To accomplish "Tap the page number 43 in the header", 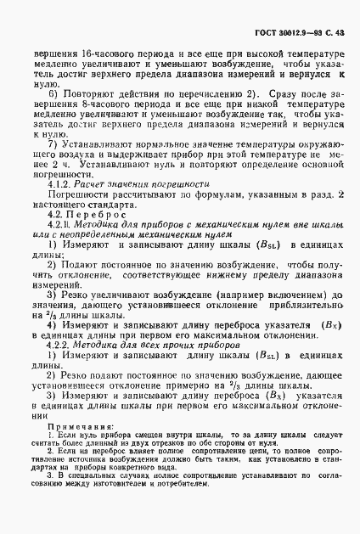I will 340,32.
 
